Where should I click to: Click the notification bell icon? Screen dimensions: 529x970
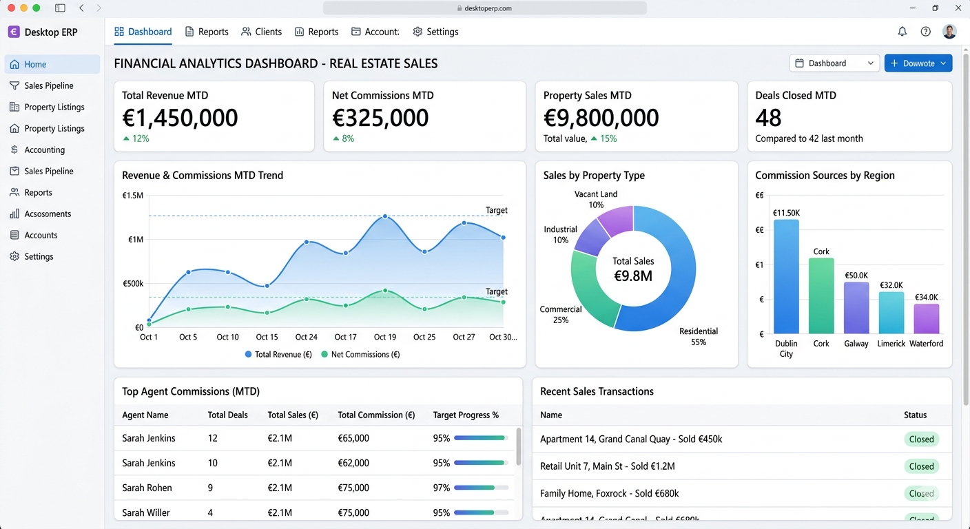pyautogui.click(x=902, y=32)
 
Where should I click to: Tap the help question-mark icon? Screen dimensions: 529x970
pyautogui.click(x=925, y=32)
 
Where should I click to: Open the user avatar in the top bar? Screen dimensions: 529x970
pyautogui.click(x=949, y=32)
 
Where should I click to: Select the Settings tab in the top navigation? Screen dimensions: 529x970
pyautogui.click(x=435, y=32)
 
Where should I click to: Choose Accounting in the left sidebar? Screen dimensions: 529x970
pyautogui.click(x=44, y=149)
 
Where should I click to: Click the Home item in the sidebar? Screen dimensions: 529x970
pyautogui.click(x=35, y=64)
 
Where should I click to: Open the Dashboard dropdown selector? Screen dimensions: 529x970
pyautogui.click(x=834, y=63)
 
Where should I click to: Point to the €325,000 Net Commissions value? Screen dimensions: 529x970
pyautogui.click(x=380, y=118)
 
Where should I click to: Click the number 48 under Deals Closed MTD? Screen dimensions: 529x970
pyautogui.click(x=768, y=118)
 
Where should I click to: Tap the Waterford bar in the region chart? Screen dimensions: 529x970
pyautogui.click(x=926, y=319)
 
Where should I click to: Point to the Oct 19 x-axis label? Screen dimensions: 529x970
pyautogui.click(x=384, y=337)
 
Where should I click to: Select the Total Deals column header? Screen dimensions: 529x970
pyautogui.click(x=227, y=415)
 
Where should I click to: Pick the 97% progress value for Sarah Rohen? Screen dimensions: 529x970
pyautogui.click(x=441, y=488)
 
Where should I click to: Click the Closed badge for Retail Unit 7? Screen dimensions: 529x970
pyautogui.click(x=920, y=466)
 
